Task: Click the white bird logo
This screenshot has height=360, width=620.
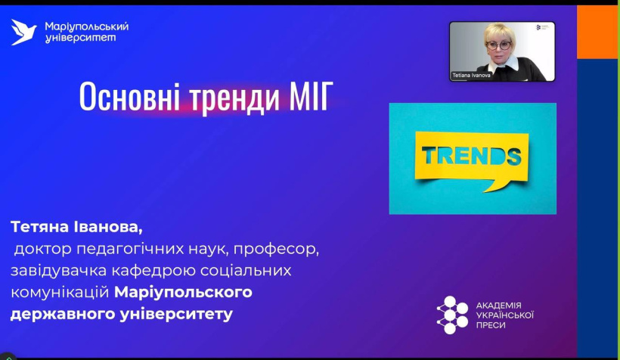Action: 23,32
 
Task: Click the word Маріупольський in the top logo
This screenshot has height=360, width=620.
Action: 87,26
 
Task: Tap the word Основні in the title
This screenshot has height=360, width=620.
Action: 129,97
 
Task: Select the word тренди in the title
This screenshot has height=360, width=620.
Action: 235,98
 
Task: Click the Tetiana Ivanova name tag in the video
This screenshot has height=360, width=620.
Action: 471,75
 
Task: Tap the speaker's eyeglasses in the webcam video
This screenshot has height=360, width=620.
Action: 498,45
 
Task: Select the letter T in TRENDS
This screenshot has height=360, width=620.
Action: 429,156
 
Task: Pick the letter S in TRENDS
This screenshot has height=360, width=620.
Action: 513,156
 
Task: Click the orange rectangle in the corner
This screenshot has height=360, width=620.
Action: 597,32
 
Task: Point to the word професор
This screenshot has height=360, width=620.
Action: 276,250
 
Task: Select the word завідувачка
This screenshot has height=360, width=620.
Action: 59,271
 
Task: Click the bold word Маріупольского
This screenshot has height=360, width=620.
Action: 183,293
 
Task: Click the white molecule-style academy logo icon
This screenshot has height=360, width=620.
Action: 452,315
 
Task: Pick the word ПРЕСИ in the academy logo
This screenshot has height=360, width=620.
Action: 490,325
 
